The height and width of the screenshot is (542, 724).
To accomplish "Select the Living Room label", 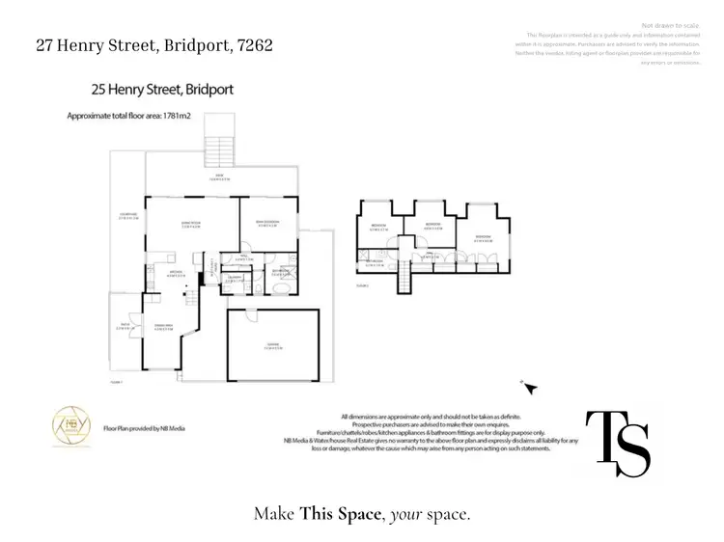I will coord(191,224).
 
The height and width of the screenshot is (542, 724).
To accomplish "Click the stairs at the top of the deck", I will coord(219,150).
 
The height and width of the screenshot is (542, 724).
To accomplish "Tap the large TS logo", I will coord(617,443).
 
